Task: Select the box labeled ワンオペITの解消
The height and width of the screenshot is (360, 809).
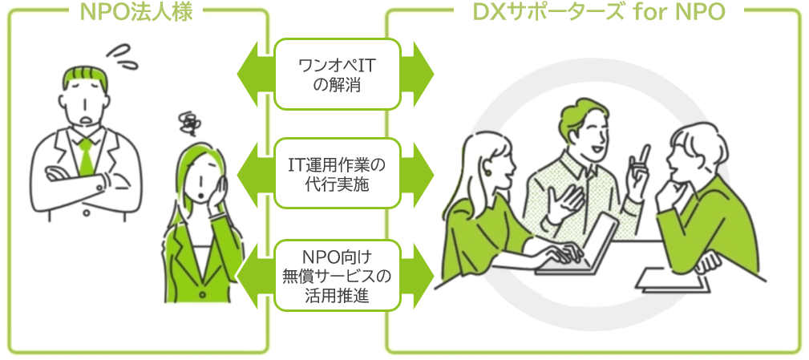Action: point(337,74)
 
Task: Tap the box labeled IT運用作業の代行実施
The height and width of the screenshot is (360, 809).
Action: point(337,174)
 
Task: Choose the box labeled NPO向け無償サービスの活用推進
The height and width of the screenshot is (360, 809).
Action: point(337,275)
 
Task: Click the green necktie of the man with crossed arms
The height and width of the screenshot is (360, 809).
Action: point(85,156)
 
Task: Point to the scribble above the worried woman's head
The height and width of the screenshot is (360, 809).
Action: point(190,122)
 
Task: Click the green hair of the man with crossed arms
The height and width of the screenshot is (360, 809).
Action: point(85,78)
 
